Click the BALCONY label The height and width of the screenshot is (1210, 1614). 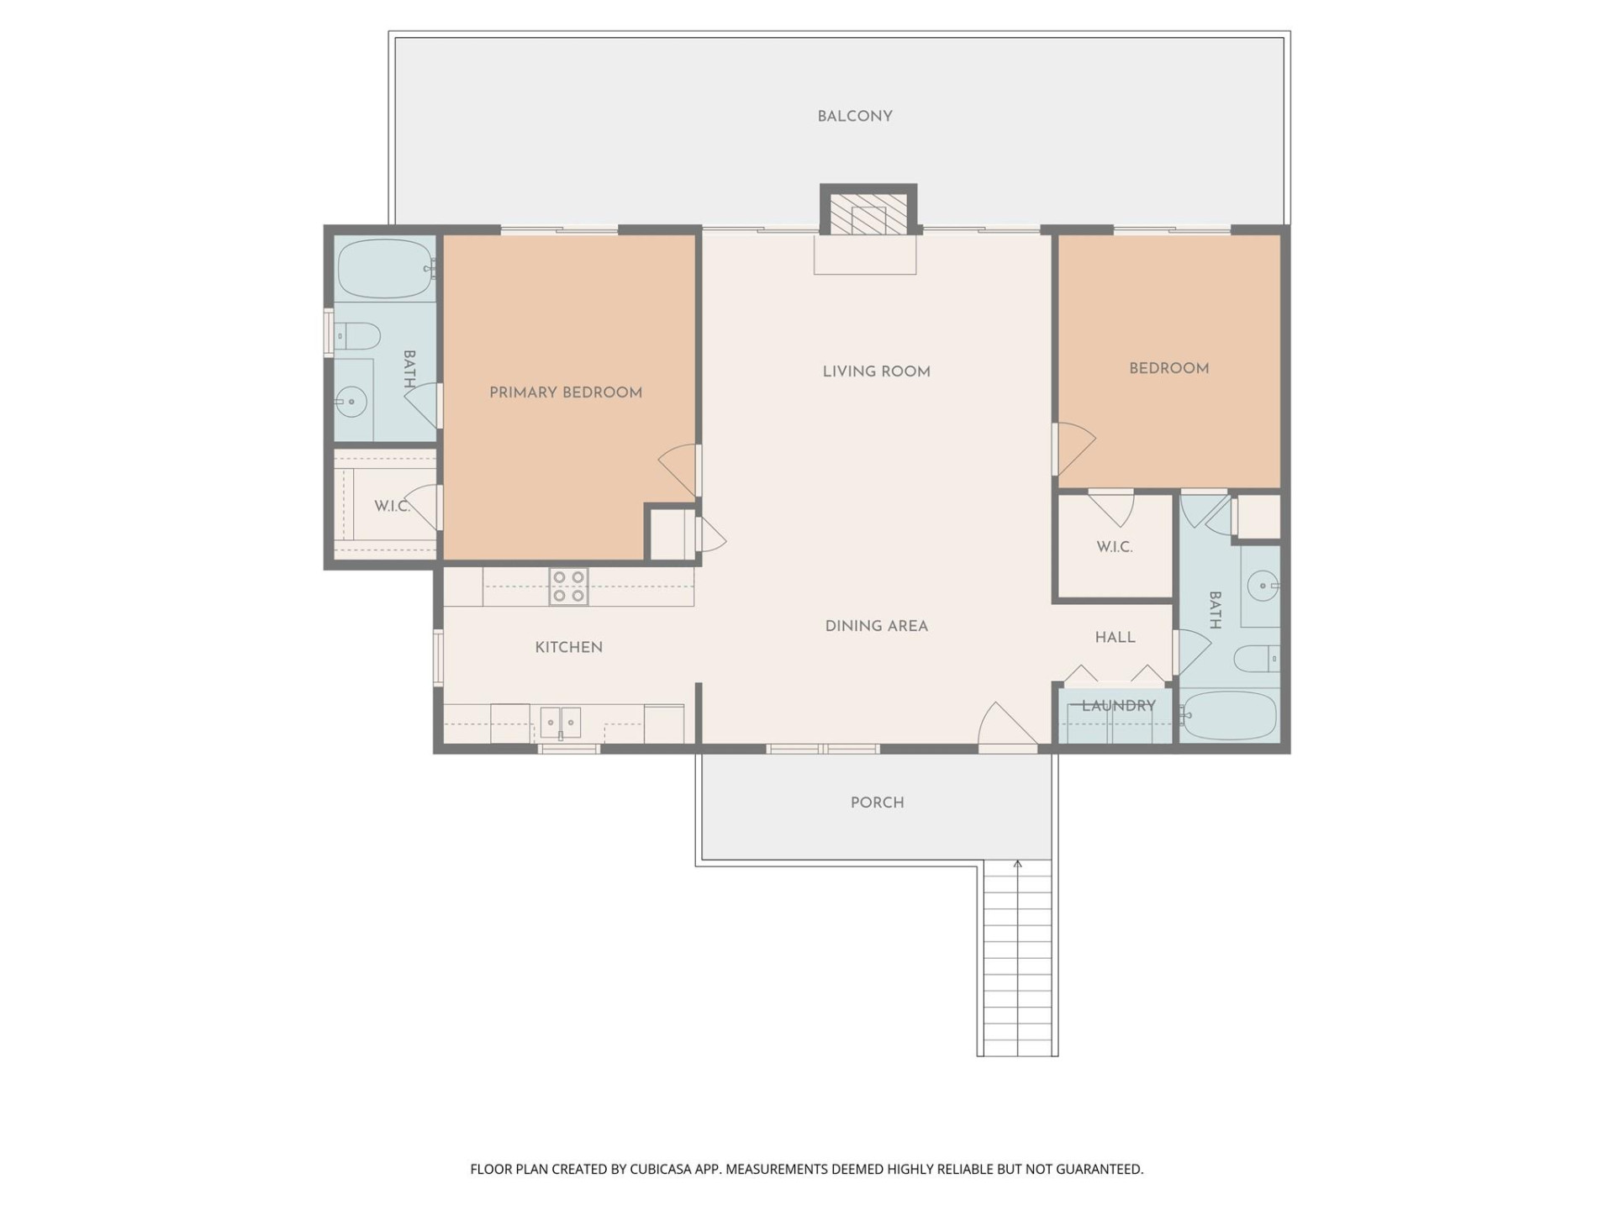854,116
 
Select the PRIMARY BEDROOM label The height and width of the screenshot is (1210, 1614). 565,392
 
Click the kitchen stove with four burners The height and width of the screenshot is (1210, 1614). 568,587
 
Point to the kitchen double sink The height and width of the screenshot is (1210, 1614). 560,722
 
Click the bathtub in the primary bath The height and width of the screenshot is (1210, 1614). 384,268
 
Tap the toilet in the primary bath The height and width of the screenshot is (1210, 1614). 356,336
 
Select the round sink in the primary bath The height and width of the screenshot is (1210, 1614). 351,402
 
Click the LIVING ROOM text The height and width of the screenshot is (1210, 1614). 876,371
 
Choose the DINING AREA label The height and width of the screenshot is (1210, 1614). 876,626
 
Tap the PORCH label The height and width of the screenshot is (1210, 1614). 877,802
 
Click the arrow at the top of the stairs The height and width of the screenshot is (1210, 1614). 1017,865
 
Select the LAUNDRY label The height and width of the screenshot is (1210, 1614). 1118,706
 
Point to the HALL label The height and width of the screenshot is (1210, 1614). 1115,638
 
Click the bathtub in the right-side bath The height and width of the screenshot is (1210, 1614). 1230,715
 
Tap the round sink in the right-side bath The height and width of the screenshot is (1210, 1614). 1262,585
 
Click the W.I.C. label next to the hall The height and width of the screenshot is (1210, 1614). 1114,547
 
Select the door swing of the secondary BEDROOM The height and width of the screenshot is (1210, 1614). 1075,448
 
